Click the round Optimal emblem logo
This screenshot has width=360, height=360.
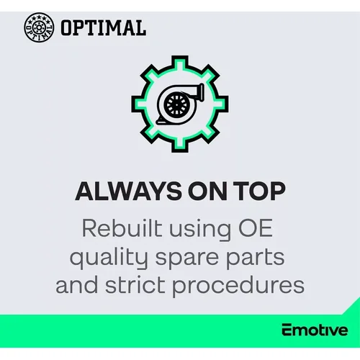click(x=39, y=27)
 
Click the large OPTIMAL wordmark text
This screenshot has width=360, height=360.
click(x=103, y=27)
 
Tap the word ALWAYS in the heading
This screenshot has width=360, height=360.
click(x=128, y=191)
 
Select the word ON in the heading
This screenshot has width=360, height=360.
click(x=207, y=191)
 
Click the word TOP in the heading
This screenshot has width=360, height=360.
click(x=259, y=191)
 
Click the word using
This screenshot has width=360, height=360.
click(x=200, y=230)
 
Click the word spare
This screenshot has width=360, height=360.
click(x=187, y=260)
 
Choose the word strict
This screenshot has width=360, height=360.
click(x=135, y=285)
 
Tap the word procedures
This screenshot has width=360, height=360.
click(x=238, y=287)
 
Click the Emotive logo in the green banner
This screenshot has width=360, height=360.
click(x=315, y=330)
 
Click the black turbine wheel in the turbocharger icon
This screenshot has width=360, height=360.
click(x=176, y=104)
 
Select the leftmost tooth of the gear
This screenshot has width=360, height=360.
click(x=138, y=104)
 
